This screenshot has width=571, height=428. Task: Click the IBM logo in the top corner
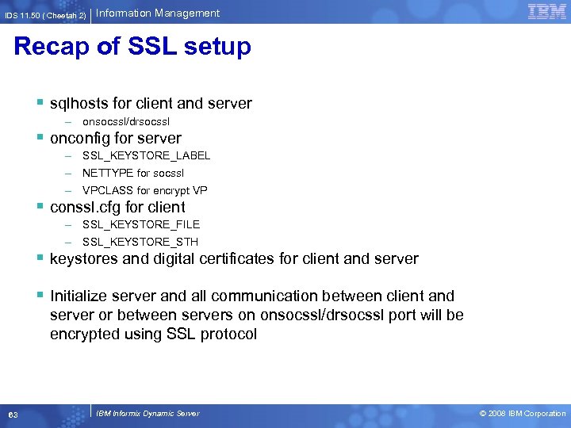[546, 11]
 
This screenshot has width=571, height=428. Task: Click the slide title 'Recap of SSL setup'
[132, 47]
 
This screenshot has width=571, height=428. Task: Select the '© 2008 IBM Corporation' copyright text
[523, 414]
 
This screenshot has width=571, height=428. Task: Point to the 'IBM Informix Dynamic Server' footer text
[148, 414]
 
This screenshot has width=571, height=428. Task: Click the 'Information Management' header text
[159, 13]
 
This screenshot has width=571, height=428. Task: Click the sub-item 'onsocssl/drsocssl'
[126, 121]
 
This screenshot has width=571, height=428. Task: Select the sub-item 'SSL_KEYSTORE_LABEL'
[146, 155]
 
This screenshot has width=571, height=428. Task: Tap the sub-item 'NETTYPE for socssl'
[133, 173]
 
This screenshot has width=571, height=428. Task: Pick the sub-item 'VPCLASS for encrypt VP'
[145, 190]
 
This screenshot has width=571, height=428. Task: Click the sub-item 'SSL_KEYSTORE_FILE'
[141, 224]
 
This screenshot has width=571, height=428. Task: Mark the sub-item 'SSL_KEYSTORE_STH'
[140, 242]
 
